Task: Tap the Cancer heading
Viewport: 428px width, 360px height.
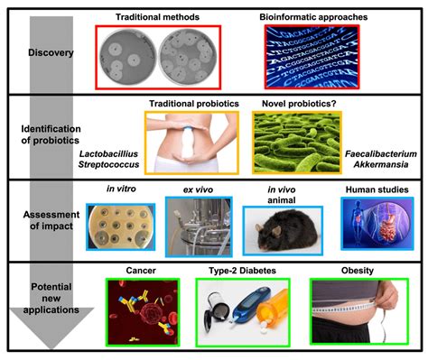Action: (143, 269)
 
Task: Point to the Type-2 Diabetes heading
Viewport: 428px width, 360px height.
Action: (237, 269)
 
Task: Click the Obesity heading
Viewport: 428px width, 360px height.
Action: (358, 269)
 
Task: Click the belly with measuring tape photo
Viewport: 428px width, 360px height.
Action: (358, 310)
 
